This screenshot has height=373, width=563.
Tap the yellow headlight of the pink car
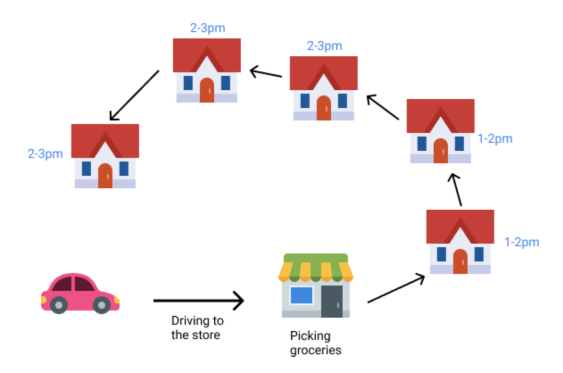(117, 300)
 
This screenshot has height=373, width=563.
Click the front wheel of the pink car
(102, 304)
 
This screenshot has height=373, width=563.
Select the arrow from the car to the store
(198, 300)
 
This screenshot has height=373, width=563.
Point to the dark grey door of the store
(332, 301)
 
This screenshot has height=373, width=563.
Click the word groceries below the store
(315, 350)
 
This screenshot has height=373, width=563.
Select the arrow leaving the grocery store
(396, 288)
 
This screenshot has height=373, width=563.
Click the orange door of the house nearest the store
(460, 261)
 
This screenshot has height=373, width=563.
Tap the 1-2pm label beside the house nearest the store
(521, 243)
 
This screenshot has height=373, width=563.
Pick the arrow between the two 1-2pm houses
(457, 190)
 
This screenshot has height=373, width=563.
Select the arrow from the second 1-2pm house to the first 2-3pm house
(383, 107)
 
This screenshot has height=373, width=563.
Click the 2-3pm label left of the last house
(45, 154)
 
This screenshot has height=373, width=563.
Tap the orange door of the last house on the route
(105, 176)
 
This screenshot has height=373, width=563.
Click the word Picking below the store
(310, 336)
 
